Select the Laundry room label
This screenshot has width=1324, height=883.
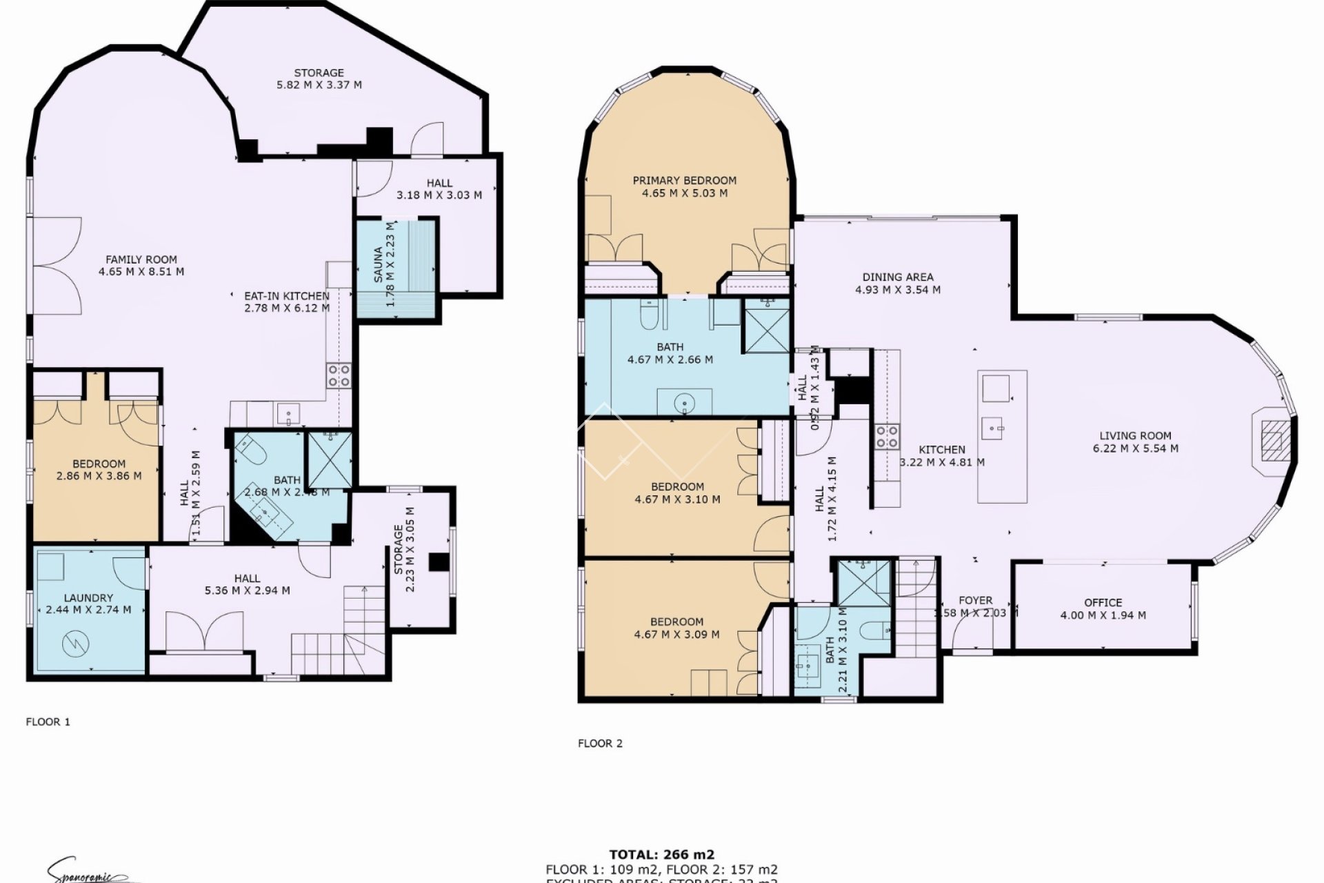(88, 598)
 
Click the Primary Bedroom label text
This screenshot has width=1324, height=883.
(685, 181)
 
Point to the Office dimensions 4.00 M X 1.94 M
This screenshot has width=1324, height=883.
(1103, 615)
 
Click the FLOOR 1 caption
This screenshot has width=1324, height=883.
(48, 722)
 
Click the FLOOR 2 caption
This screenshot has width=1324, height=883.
(600, 744)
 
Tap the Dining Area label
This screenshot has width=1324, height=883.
(897, 277)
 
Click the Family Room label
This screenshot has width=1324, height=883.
(141, 259)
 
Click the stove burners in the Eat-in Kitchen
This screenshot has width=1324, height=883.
(339, 375)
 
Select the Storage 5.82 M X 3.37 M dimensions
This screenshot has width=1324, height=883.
(319, 85)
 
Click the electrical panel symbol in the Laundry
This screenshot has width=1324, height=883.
(72, 645)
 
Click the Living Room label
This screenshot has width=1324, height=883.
(1135, 436)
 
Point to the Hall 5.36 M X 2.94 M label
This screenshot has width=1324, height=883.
(247, 579)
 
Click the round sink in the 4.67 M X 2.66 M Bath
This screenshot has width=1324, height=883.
(684, 401)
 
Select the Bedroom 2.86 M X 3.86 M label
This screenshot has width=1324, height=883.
(99, 464)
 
